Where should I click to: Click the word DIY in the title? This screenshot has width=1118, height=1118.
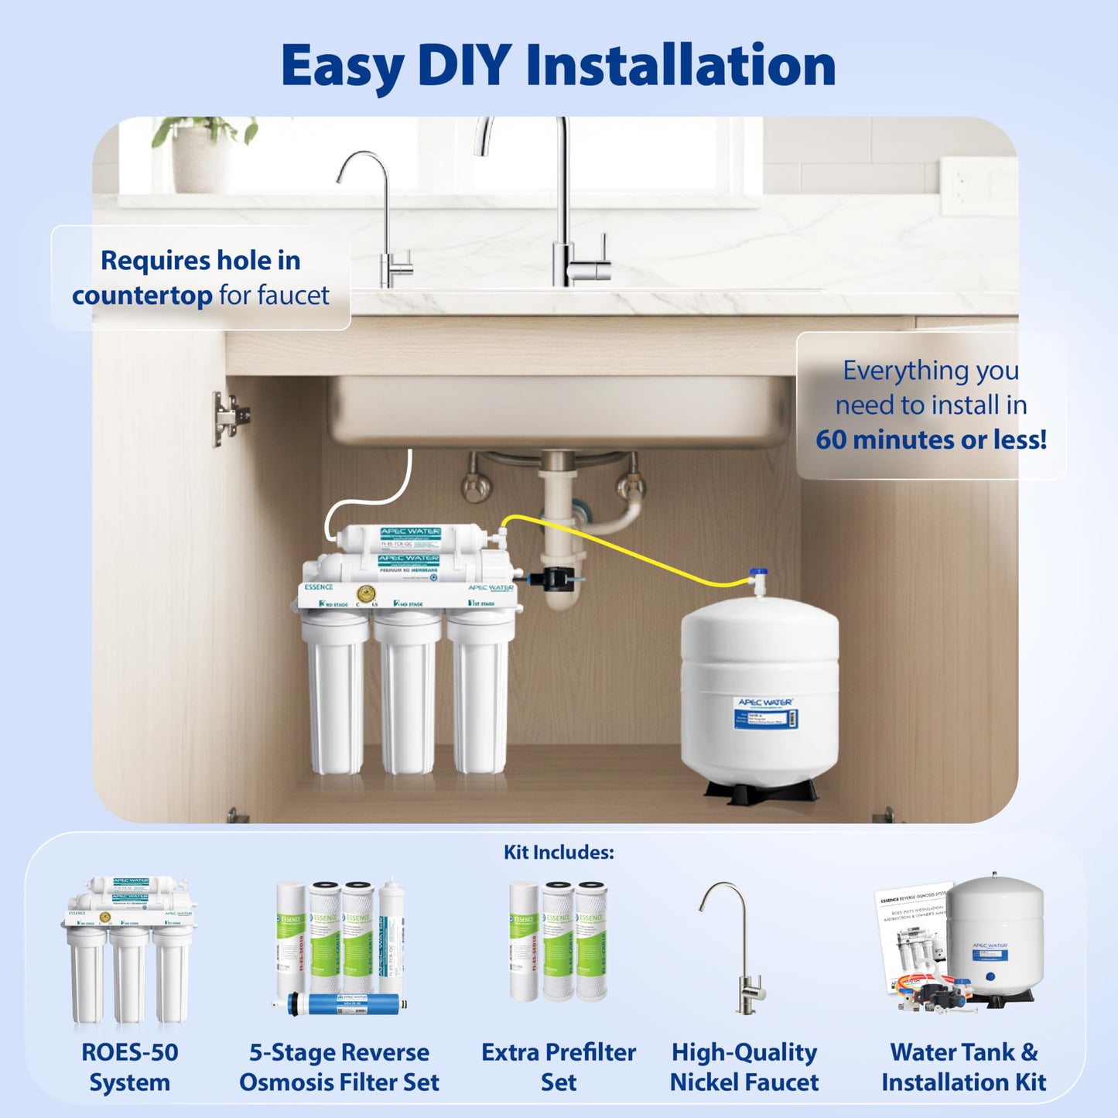tap(463, 66)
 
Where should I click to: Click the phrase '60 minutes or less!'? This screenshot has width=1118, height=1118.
tap(931, 439)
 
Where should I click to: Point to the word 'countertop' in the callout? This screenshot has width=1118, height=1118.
tap(142, 296)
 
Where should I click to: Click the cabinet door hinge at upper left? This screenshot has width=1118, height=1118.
tap(229, 418)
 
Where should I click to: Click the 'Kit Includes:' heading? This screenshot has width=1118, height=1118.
tap(559, 853)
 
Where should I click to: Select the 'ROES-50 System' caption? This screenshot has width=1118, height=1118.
tap(129, 1067)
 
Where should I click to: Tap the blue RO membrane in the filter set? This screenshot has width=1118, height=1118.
tap(340, 1004)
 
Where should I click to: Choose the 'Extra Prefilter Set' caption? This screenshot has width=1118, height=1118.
tap(559, 1067)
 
